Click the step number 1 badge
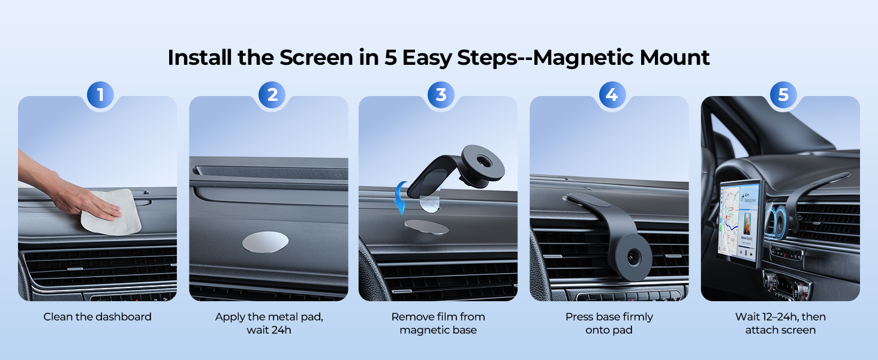point(100,94)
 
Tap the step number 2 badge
point(272,94)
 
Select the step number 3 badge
point(441,94)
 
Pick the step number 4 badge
point(612,94)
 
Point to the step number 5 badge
point(783,94)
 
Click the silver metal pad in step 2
point(265,242)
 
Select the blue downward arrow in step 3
point(400,198)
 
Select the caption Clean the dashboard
point(97,317)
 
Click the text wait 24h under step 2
point(269,330)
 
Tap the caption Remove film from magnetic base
point(438,323)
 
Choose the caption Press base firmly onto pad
point(609,323)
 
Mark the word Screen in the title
point(315,58)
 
